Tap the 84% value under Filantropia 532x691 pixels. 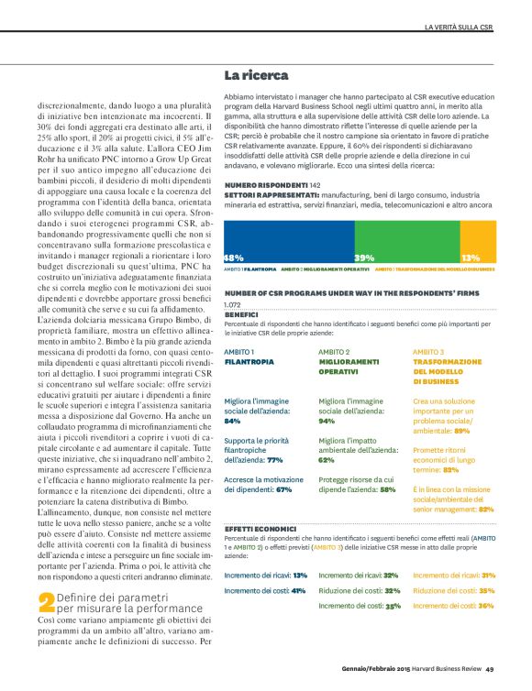(x=232, y=421)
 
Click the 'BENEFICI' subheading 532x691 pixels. (x=241, y=313)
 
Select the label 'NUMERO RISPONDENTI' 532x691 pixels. (x=266, y=185)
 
